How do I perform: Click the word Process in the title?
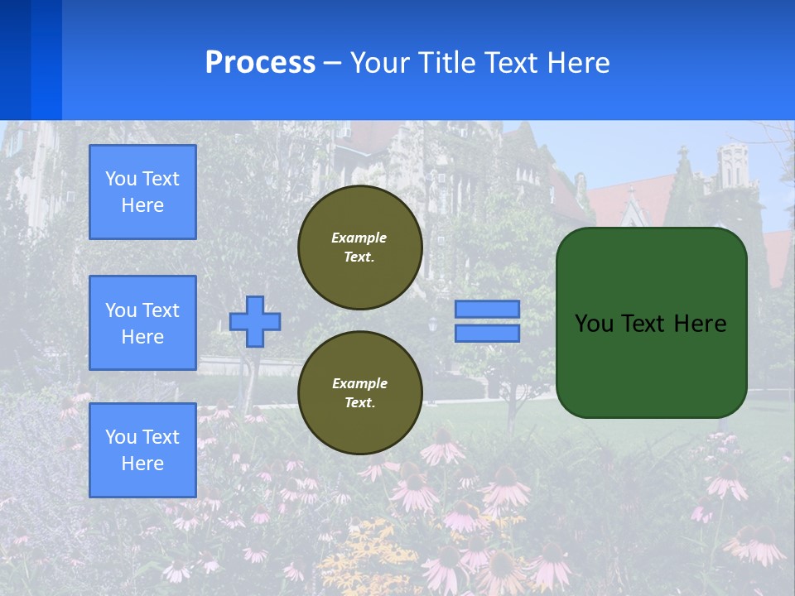(x=260, y=63)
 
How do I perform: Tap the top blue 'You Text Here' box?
(x=142, y=192)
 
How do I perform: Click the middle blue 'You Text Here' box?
(x=142, y=323)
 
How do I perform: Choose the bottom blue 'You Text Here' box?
(x=142, y=450)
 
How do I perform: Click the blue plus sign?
(x=255, y=321)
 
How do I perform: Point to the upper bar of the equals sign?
(x=487, y=309)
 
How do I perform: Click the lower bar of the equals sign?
(x=487, y=334)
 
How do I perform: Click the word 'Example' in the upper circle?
(x=359, y=238)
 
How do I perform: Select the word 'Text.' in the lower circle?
(x=359, y=403)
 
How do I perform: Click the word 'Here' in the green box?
(x=701, y=324)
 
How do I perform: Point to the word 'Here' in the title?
(x=579, y=63)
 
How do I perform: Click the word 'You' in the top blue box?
(x=120, y=179)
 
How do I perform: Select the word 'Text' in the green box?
(x=644, y=324)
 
